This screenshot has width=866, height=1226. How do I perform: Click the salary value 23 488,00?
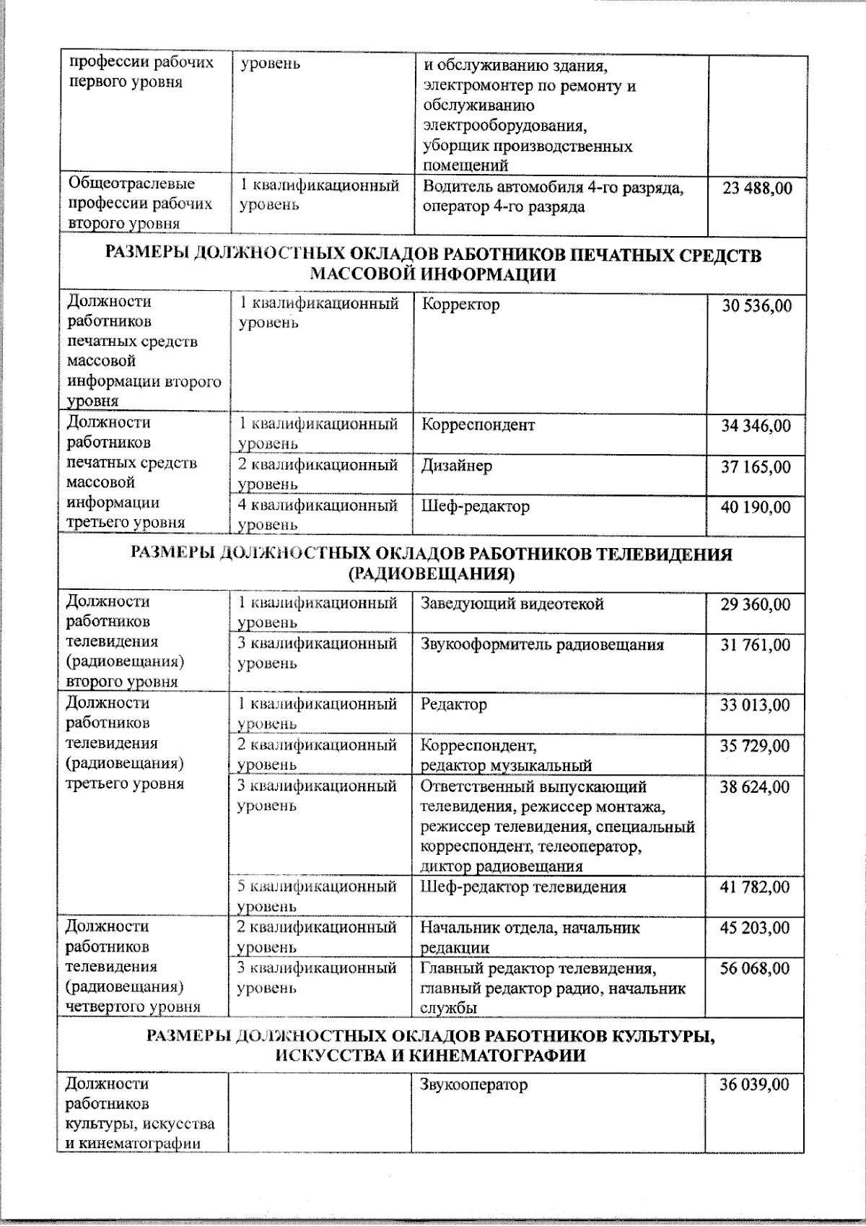(756, 188)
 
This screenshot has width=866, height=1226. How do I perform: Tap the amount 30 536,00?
(756, 306)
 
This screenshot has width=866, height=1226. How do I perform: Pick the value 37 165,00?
(756, 468)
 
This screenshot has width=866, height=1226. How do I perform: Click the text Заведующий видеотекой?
(512, 604)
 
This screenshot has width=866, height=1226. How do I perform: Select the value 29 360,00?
(756, 604)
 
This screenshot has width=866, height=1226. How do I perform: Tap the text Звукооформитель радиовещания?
(542, 645)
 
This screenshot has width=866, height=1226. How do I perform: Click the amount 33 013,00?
(756, 705)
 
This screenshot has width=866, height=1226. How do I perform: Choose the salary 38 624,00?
(756, 787)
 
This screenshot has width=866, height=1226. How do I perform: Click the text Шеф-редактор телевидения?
(523, 887)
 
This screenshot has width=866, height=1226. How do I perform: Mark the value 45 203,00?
(756, 929)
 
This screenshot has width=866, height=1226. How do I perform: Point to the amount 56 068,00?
(756, 969)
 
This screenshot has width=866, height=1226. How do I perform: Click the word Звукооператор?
(474, 1084)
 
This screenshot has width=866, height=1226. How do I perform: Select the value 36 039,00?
(755, 1084)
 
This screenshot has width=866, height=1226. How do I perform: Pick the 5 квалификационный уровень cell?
(318, 895)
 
